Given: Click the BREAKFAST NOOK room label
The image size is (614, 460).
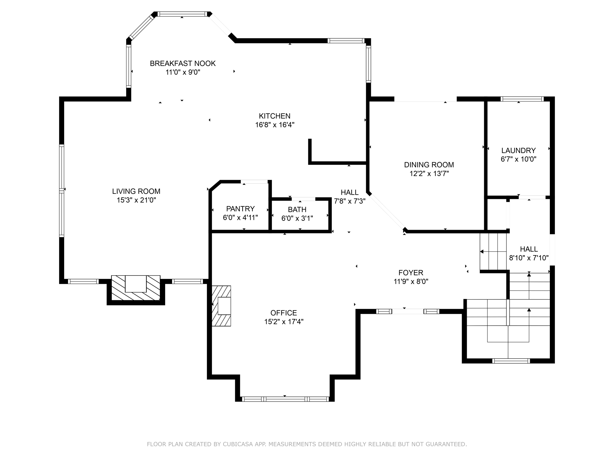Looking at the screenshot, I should coord(183,63).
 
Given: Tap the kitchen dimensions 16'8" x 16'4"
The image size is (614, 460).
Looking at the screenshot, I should coord(275,125).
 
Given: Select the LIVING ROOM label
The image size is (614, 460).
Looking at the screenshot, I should coord(136,191).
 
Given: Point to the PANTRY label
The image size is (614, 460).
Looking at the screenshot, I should coord(240,209).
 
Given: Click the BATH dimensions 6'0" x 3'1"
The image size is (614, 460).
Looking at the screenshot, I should coord(297,219).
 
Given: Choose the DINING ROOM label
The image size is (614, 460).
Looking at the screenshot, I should coord(429,165).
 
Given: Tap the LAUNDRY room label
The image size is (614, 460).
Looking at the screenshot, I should coord(518,150).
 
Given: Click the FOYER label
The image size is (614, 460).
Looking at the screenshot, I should coord(411,273).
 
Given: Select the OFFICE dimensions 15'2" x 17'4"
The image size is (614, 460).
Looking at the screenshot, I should coord(284,322).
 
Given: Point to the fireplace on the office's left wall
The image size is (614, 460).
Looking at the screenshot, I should coord(222,306).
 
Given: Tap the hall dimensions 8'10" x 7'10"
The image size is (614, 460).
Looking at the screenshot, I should coord(529,258).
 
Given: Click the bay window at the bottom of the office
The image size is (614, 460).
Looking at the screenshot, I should coord(285,399).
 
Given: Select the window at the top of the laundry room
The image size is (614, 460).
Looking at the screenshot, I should coord(522,99).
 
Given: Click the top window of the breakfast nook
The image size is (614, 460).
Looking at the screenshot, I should coord(182,14).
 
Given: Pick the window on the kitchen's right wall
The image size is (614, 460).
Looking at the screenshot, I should coord(368,64).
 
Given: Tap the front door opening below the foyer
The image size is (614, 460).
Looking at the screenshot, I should coord(407,311).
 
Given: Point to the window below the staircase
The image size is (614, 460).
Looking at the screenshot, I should coord(511,361).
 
